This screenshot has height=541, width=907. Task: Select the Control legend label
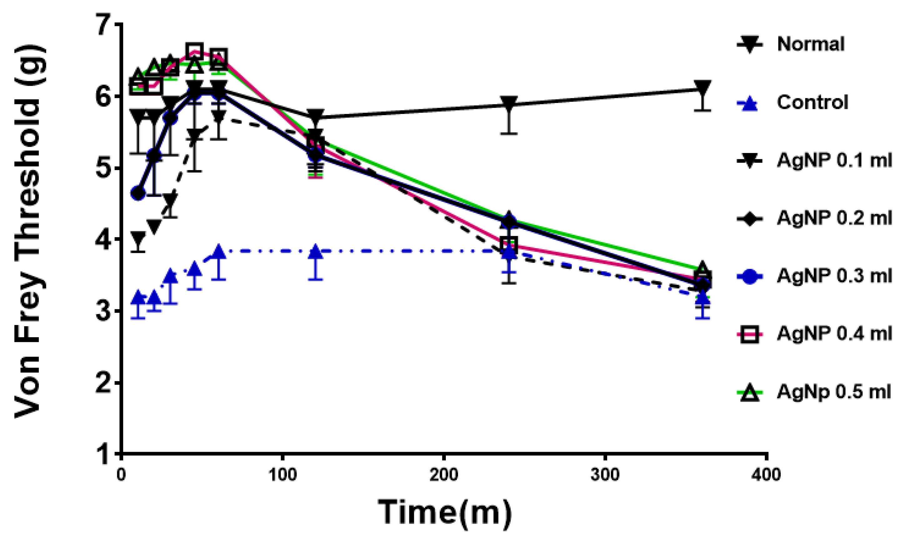[812, 102]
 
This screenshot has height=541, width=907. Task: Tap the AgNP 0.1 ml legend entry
[834, 160]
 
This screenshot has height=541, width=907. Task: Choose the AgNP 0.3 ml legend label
[834, 276]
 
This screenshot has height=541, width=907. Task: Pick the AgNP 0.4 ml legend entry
[834, 334]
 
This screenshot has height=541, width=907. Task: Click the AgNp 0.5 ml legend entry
[834, 392]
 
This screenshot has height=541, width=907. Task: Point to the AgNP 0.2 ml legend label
[834, 218]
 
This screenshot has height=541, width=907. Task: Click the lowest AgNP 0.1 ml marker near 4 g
[138, 239]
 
